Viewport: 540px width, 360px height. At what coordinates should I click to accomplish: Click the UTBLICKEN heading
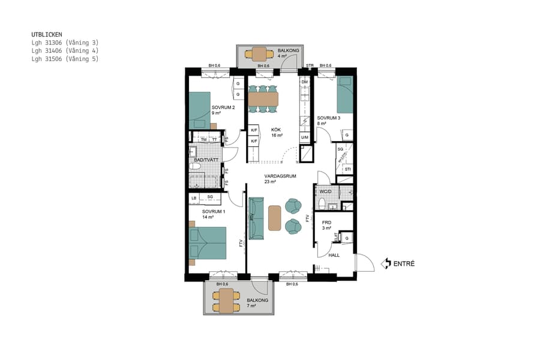[x=46, y=35]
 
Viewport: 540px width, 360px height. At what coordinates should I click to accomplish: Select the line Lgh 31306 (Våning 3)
[x=64, y=43]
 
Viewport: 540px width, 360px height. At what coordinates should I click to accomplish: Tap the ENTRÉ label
[x=404, y=263]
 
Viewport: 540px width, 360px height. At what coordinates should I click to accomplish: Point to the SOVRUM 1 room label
[x=214, y=212]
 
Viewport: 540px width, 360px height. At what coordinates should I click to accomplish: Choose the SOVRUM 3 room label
[x=328, y=118]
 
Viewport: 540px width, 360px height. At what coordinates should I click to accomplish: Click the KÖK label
[x=276, y=130]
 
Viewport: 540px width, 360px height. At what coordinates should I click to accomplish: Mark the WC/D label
[x=326, y=191]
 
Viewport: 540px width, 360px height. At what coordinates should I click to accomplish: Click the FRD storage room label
[x=327, y=223]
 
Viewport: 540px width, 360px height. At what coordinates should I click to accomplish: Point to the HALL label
[x=334, y=255]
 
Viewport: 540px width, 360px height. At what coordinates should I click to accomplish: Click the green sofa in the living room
[x=256, y=218]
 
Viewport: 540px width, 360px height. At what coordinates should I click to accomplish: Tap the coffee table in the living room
[x=275, y=218]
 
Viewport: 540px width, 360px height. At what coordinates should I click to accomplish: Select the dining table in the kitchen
[x=263, y=98]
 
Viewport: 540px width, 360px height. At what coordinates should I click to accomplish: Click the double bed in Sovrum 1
[x=208, y=243]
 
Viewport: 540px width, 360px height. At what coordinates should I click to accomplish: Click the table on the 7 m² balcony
[x=226, y=301]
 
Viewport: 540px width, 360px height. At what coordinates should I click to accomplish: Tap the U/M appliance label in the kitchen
[x=305, y=137]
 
